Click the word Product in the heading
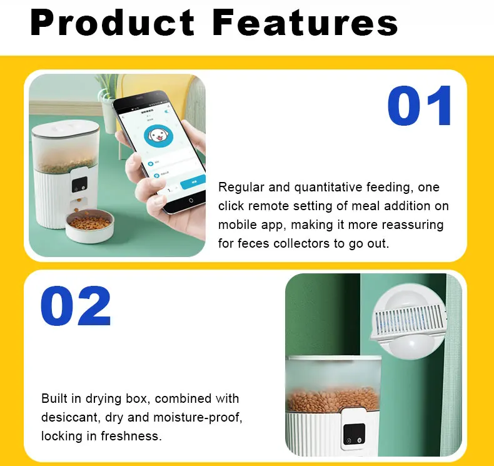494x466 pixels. pos(113,23)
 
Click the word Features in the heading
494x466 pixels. pos(305,23)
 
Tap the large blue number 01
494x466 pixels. pos(420,106)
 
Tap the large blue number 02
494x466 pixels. pos(76,306)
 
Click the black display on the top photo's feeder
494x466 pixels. pos(79,185)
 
